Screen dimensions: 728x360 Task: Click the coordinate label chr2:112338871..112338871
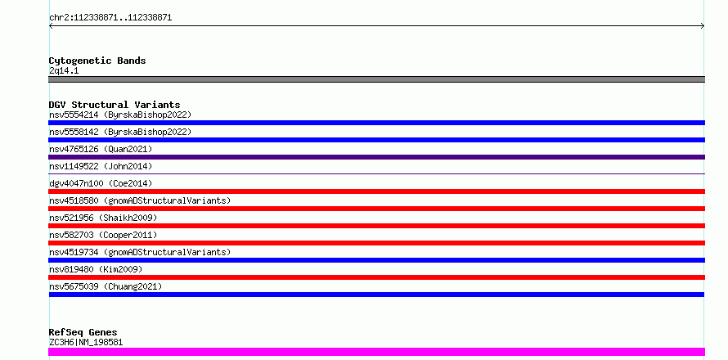pos(110,18)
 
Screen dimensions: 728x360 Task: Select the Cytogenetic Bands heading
pos(97,61)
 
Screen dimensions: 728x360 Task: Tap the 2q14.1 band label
pos(64,70)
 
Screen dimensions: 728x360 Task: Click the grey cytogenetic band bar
pos(376,79)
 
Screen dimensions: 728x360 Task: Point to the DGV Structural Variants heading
pos(115,105)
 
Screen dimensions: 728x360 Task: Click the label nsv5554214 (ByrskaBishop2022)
pos(120,115)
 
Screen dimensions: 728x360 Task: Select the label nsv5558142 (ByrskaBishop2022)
pos(120,132)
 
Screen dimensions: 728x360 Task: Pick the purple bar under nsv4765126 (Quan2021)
pos(376,157)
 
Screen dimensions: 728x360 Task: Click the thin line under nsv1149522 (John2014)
pos(376,173)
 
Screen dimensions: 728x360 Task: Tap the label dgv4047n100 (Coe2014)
pos(101,183)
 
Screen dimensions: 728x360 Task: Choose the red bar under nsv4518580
pos(376,209)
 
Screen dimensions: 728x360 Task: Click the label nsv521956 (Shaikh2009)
pos(103,218)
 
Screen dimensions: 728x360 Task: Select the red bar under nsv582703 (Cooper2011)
pos(376,243)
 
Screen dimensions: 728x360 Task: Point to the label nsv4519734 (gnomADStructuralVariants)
pos(140,252)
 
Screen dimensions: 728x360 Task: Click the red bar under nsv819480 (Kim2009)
pos(376,277)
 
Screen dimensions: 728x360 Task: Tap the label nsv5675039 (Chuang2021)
pos(106,286)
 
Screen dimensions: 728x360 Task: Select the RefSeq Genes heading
pos(83,332)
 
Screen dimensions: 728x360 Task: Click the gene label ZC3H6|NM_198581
pos(86,342)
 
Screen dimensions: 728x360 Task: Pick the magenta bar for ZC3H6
pos(376,352)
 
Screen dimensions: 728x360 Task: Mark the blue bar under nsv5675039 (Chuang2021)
pos(376,295)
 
